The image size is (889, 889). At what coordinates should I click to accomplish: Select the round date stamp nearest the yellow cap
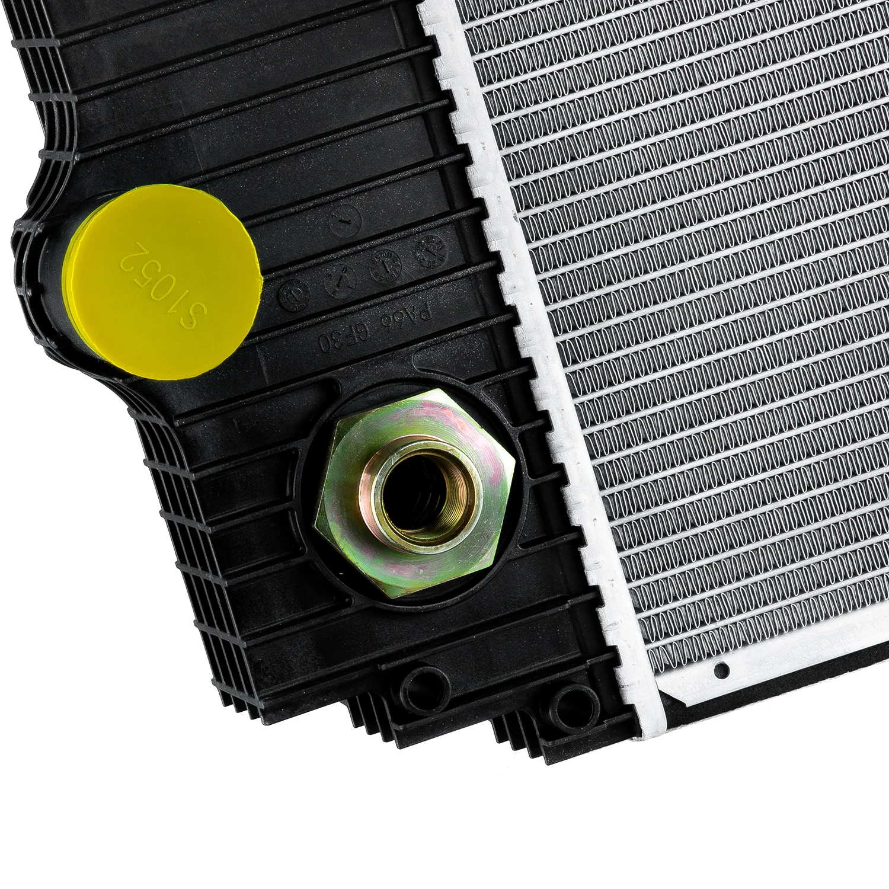[x=295, y=294]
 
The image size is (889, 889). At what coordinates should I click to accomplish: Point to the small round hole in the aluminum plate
[x=722, y=670]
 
